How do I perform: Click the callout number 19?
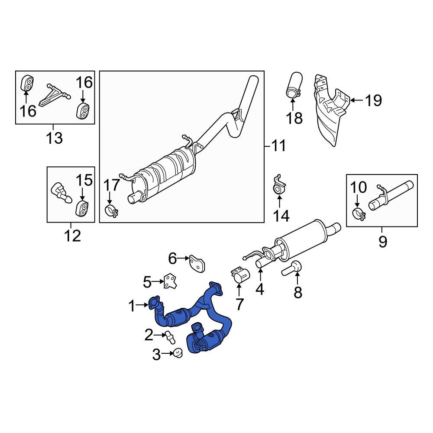coord(373,100)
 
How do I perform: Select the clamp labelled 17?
coord(112,212)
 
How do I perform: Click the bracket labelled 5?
coord(170,281)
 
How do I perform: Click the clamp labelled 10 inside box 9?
coord(359,213)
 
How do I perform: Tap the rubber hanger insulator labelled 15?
coord(82,208)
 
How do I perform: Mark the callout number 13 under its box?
coord(55,138)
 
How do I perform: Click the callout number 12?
coord(72,236)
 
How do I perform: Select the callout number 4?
coord(259,289)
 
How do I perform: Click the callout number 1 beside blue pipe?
coord(132,307)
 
